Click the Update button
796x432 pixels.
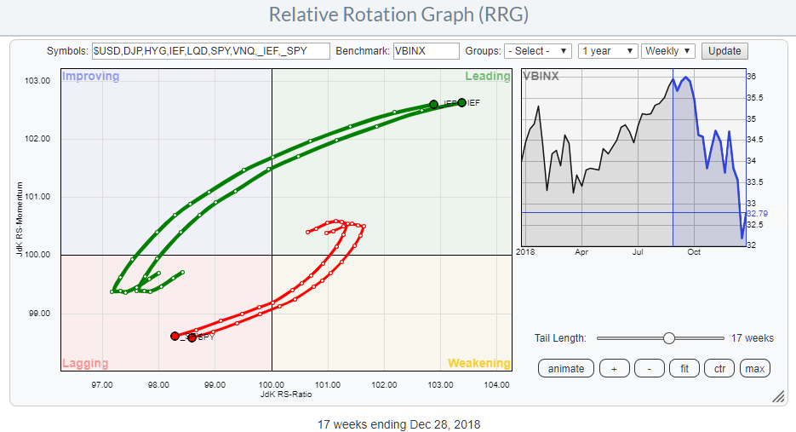coord(724,51)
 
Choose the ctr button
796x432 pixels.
coord(719,368)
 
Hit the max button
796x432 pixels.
coord(753,368)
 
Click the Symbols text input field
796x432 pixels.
coord(210,51)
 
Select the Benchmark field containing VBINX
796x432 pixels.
coord(426,51)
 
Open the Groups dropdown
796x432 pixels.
coord(537,51)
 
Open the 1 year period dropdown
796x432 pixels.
coord(607,51)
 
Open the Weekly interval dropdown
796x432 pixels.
coord(669,51)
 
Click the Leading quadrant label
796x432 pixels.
coord(487,76)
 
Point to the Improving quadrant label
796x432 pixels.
coord(91,76)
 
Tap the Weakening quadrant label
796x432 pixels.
coord(479,364)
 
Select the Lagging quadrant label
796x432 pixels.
coord(85,364)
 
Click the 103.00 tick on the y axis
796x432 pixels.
coord(37,81)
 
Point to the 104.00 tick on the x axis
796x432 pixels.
coord(496,385)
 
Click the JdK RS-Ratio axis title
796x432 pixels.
coord(272,395)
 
